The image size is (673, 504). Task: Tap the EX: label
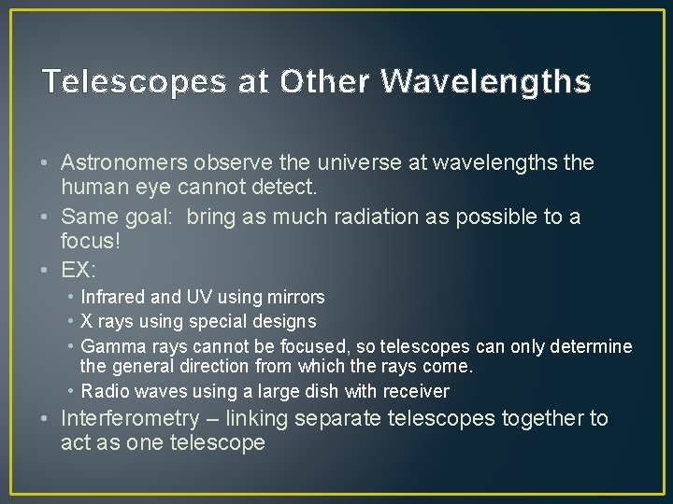click(79, 271)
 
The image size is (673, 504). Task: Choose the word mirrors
click(294, 298)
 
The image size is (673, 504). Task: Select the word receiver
click(416, 392)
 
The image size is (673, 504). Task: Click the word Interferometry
click(130, 419)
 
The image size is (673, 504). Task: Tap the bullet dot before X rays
click(72, 322)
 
